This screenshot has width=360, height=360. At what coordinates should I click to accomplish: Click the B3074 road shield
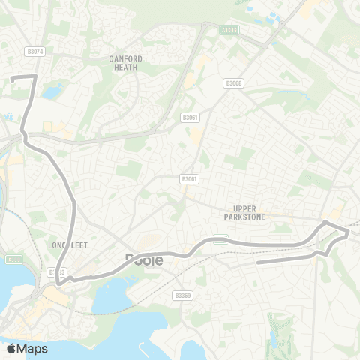(x=34, y=52)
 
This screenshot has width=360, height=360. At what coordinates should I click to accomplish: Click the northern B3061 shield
(x=188, y=118)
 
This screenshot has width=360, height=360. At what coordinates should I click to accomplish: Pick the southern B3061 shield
(x=188, y=179)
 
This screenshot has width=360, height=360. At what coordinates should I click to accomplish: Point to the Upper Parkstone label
(x=245, y=213)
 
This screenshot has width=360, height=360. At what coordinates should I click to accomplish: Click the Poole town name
(x=142, y=259)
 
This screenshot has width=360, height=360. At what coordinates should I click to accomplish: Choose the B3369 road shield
(x=181, y=295)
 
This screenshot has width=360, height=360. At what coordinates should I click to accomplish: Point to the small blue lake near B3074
(x=52, y=93)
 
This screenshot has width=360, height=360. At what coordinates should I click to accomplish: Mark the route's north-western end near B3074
(x=13, y=76)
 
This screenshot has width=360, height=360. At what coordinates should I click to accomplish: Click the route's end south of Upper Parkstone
(x=257, y=262)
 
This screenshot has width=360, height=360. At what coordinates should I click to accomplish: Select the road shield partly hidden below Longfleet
(x=57, y=271)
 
